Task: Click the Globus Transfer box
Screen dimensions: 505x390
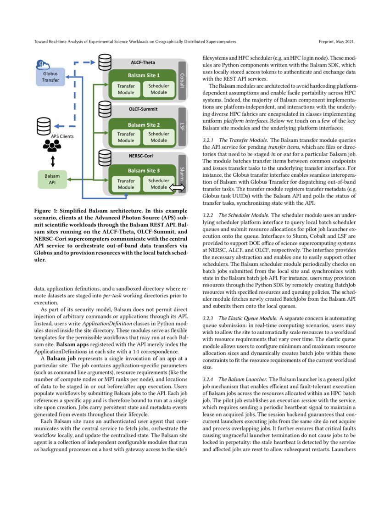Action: [x=51, y=77]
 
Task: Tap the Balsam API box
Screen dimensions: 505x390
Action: [x=51, y=179]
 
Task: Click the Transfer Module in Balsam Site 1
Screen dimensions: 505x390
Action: [x=126, y=89]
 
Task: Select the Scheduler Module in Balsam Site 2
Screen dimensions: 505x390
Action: [x=159, y=137]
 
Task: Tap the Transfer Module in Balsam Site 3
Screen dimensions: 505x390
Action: [x=126, y=184]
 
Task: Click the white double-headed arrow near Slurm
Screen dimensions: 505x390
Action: [x=177, y=188]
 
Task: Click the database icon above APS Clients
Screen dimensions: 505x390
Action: [x=44, y=125]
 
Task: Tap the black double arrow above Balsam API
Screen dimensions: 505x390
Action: [x=52, y=162]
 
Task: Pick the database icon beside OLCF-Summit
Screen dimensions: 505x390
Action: [x=105, y=109]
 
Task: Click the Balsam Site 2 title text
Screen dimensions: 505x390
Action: [x=144, y=124]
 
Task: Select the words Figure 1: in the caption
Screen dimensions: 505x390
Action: [x=46, y=211]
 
